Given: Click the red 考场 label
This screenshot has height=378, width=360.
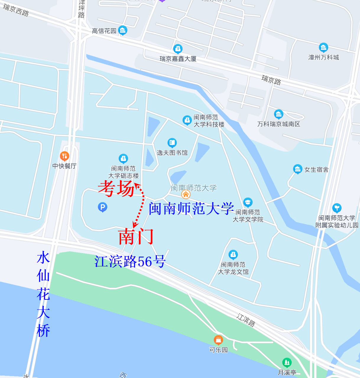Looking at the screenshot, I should pyautogui.click(x=116, y=189).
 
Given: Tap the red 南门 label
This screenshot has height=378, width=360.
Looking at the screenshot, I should pyautogui.click(x=136, y=237).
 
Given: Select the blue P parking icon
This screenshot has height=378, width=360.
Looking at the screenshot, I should pyautogui.click(x=102, y=207).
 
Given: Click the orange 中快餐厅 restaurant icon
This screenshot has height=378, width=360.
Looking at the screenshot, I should pyautogui.click(x=64, y=156).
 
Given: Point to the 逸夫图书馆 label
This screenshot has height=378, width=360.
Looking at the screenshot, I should pyautogui.click(x=172, y=153).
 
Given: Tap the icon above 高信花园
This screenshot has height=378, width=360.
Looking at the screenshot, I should pyautogui.click(x=122, y=30).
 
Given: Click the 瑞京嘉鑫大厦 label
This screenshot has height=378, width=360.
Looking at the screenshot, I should pyautogui.click(x=178, y=59).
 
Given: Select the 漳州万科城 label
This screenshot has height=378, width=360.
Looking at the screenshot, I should pyautogui.click(x=324, y=57).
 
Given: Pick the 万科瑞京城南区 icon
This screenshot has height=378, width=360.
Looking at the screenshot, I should pyautogui.click(x=278, y=114).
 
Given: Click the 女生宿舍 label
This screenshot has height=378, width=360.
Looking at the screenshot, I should pyautogui.click(x=316, y=170).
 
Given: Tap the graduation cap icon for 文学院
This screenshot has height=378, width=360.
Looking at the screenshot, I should pyautogui.click(x=248, y=202).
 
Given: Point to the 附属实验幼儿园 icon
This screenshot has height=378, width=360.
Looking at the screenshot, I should pyautogui.click(x=337, y=208).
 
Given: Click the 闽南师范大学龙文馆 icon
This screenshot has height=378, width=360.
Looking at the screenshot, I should pyautogui.click(x=233, y=254).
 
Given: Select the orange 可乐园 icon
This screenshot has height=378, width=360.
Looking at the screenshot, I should pyautogui.click(x=218, y=340).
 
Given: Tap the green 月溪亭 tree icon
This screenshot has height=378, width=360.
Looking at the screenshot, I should pyautogui.click(x=287, y=362).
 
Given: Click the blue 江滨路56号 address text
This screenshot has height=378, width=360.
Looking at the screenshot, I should pyautogui.click(x=130, y=262).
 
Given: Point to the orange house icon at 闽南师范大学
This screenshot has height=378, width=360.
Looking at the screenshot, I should pyautogui.click(x=186, y=194).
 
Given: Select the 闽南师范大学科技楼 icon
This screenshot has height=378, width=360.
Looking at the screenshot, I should pyautogui.click(x=187, y=120).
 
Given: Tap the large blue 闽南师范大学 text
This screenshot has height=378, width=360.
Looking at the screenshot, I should pyautogui.click(x=191, y=208).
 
